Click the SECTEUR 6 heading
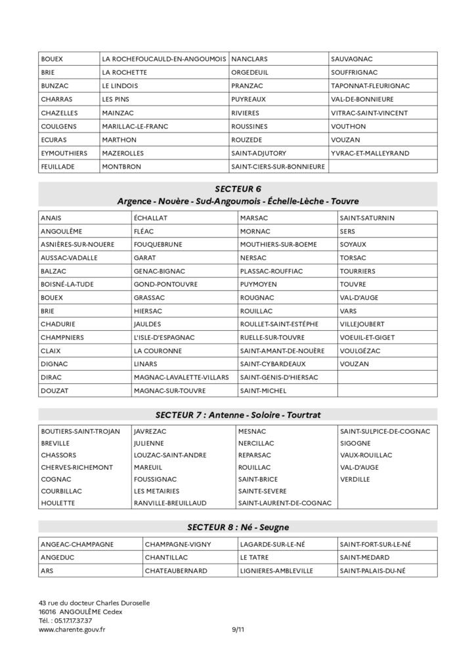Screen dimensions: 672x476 pos(238,189)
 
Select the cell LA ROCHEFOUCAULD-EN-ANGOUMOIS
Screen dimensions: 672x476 pos(164,58)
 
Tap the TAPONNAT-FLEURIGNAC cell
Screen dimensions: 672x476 pos(370,85)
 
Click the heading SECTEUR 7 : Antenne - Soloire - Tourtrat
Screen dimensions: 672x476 pos(238,415)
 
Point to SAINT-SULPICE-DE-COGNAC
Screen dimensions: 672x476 pos(385,431)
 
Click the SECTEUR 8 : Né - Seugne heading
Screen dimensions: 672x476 pos(238,526)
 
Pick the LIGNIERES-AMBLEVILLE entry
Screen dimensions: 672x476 pos(276,570)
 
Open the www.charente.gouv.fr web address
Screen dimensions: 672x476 pos(72,629)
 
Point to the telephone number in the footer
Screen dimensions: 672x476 pos(66,620)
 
